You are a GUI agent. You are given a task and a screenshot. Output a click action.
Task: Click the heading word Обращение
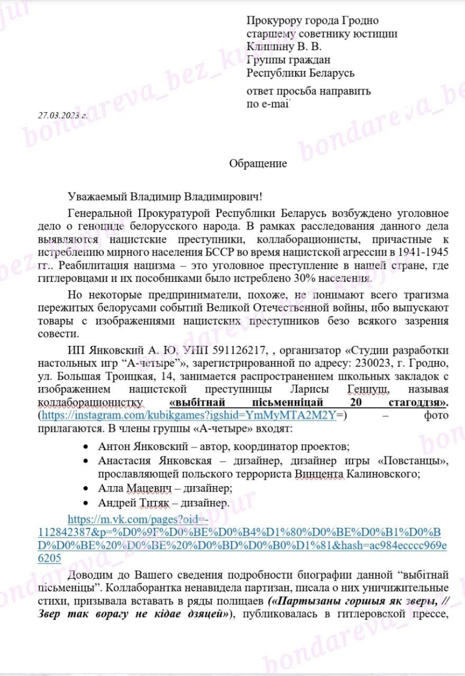point(258,163)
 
